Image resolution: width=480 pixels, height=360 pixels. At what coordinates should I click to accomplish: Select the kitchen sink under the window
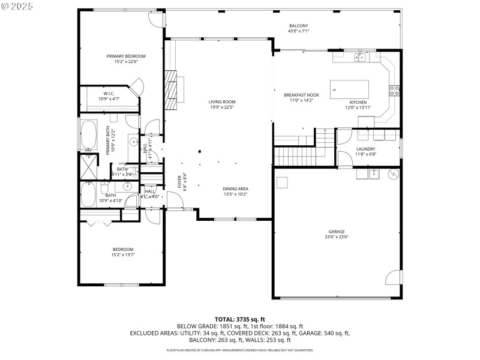pos(360,58)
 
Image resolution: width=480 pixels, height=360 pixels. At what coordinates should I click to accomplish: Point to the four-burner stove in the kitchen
pos(395,91)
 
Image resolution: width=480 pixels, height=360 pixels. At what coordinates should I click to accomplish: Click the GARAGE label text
pos(336,232)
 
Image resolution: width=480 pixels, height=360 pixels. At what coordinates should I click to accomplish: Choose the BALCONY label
pos(298,25)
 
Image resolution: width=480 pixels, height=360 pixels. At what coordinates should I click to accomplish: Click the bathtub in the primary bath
pos(88,135)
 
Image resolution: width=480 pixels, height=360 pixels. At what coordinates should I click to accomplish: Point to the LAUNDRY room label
pos(365,149)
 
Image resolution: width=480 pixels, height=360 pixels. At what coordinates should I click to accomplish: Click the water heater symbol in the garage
pos(394,175)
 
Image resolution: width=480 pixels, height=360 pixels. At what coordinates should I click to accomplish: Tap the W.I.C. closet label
pos(109,94)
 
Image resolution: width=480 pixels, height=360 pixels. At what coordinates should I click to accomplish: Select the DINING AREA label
pos(236,189)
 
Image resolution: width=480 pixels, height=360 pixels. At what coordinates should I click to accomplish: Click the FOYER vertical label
pos(179,181)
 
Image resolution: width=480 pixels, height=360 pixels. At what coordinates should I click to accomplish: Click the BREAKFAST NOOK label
pos(301,95)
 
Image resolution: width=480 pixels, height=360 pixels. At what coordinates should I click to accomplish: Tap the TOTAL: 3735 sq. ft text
pos(240,319)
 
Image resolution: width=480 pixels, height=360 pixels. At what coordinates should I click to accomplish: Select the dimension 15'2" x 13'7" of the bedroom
pos(122,255)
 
